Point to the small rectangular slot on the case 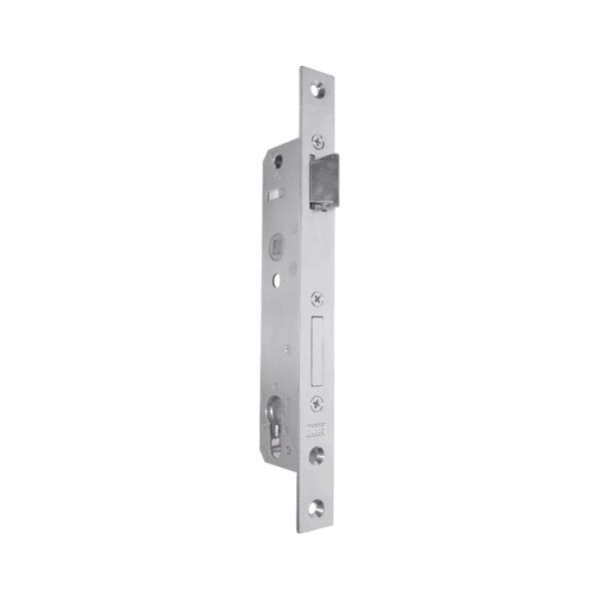[x=279, y=190]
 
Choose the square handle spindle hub [x=278, y=243]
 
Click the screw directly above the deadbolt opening [x=317, y=298]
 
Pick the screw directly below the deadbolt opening [x=317, y=403]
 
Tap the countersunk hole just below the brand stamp [x=317, y=455]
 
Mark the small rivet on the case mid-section [x=288, y=349]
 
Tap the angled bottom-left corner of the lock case [x=272, y=453]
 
